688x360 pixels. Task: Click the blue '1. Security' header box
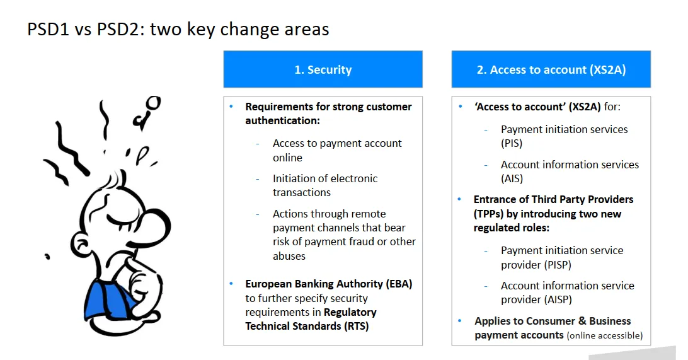point(323,69)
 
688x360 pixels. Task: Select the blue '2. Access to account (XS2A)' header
point(551,69)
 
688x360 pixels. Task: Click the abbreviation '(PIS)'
point(512,144)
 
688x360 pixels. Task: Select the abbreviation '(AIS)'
point(512,178)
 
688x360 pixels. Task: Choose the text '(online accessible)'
point(605,335)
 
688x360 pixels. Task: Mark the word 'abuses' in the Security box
point(289,256)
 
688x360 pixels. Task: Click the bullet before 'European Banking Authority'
point(231,284)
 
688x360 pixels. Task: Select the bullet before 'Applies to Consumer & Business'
point(459,321)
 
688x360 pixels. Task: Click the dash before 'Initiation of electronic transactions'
point(258,178)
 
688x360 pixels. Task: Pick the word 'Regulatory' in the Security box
point(350,313)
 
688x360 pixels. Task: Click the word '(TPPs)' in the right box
point(488,214)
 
